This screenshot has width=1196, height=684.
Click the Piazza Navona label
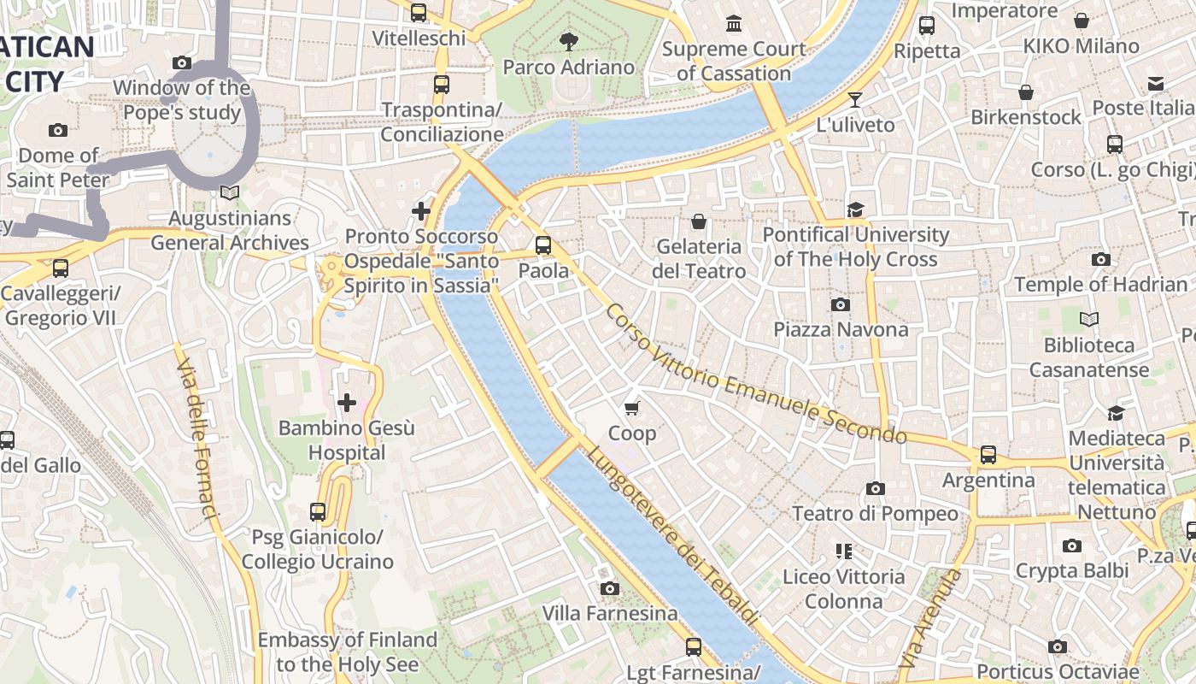coord(841,330)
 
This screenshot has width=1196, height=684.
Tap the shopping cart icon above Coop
coord(632,408)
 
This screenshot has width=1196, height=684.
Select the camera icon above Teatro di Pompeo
coord(875,488)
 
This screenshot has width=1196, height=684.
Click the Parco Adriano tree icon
coord(568,40)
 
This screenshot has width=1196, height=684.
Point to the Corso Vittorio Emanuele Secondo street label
coord(755,374)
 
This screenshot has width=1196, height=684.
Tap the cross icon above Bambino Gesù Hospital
coord(347,402)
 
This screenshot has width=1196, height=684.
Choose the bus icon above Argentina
coord(988,454)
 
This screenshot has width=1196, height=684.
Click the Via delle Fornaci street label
coord(197,439)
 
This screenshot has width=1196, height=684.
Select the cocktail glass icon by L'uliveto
coord(854,99)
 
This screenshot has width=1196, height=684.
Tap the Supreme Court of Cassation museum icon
coord(734,23)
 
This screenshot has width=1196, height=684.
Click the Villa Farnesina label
coord(610,613)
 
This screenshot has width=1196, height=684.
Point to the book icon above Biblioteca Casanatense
coord(1088,320)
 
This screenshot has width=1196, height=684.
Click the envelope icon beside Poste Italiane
coord(1156,83)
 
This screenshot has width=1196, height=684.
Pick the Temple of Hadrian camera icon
coord(1100,259)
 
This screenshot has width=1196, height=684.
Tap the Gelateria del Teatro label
coord(699,259)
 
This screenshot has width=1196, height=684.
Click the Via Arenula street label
coord(930,619)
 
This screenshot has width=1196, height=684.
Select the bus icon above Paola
coord(543,245)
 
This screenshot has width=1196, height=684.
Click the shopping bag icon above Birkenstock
coord(1025,91)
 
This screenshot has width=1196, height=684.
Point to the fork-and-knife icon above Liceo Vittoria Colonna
coord(844,551)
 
